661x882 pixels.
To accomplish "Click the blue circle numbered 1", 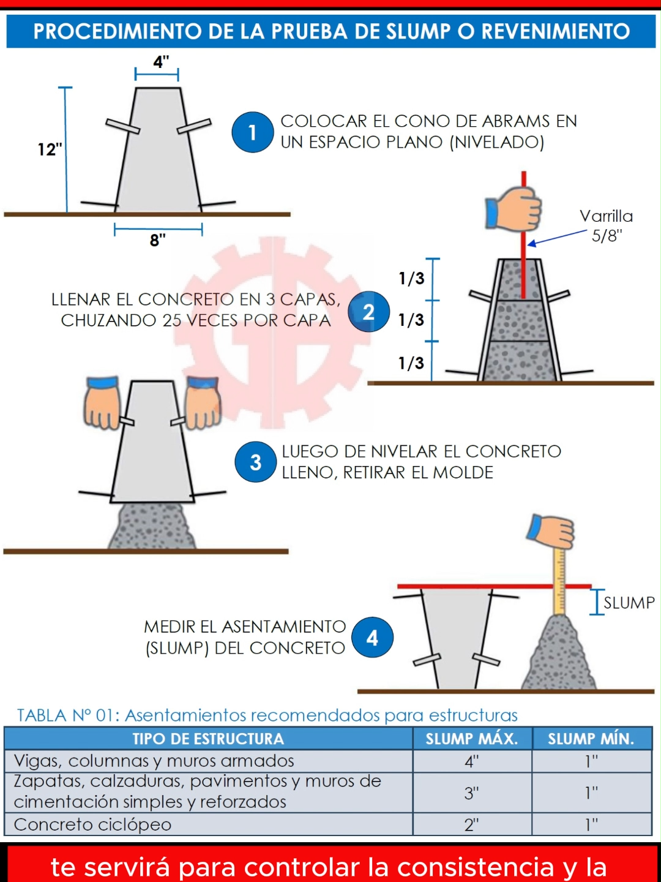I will click(x=252, y=132).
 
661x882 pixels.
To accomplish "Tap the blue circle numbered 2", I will click(x=368, y=312).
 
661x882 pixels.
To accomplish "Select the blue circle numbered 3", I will click(x=255, y=462).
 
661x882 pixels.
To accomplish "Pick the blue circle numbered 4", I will click(x=372, y=638).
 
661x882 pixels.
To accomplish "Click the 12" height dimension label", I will click(x=50, y=149).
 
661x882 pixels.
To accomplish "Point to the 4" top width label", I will click(x=161, y=62).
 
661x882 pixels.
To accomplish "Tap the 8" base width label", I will click(x=158, y=240).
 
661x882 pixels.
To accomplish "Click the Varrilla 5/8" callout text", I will click(x=606, y=225).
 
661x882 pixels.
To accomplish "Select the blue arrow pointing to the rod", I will click(x=557, y=238).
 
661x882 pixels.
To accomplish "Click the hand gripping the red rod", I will click(x=514, y=209).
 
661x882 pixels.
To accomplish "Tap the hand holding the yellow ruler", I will click(x=553, y=530).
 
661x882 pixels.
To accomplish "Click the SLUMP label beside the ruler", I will click(x=629, y=603).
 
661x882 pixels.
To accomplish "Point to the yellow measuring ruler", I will click(x=559, y=582).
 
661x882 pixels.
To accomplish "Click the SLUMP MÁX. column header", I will click(x=471, y=739).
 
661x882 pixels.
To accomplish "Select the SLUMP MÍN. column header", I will click(x=591, y=739).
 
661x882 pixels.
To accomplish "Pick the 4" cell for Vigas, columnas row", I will click(x=471, y=761).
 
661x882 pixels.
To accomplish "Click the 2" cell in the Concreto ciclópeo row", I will click(x=471, y=825).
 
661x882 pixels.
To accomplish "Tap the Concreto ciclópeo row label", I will click(x=92, y=825).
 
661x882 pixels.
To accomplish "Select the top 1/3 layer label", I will click(x=411, y=279).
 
